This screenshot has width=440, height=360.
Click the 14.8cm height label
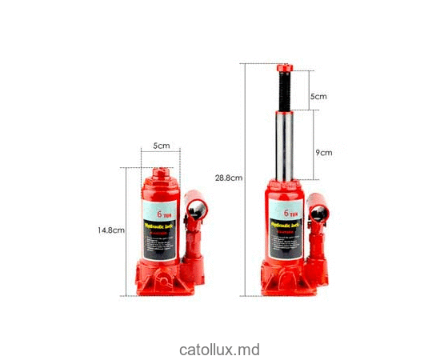pos(111,230)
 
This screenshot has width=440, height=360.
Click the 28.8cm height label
pos(229,178)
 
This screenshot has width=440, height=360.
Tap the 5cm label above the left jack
pos(162,146)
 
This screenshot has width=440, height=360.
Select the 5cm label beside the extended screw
pos(319,96)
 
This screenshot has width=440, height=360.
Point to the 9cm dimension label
pos(323,152)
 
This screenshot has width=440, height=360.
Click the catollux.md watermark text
pos(220,350)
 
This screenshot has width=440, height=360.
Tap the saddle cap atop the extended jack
pos(285,68)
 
